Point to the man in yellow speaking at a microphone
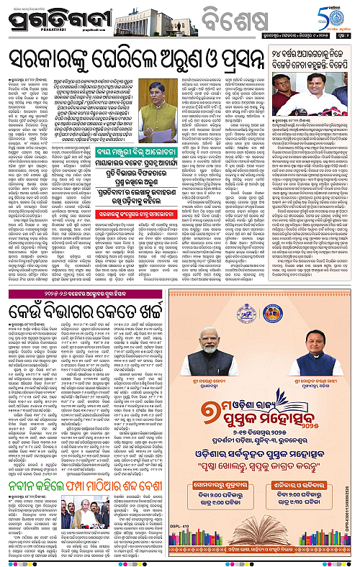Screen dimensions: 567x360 click(153, 98)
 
